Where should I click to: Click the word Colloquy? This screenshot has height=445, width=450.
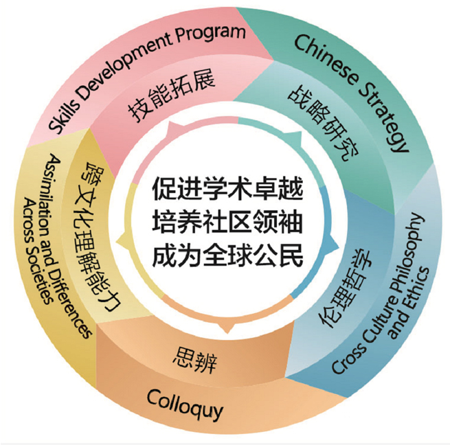coord(185,405)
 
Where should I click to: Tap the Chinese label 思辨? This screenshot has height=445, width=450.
coord(195,360)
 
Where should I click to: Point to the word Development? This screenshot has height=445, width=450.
coord(124,65)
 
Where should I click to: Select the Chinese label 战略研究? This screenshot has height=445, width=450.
coord(323,123)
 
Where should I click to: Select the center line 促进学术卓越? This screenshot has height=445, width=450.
coord(227,188)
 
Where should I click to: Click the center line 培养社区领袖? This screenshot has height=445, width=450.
coord(227,221)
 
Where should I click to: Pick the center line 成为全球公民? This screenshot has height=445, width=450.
coord(227,255)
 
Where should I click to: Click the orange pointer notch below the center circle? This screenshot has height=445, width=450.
coord(227,328)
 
